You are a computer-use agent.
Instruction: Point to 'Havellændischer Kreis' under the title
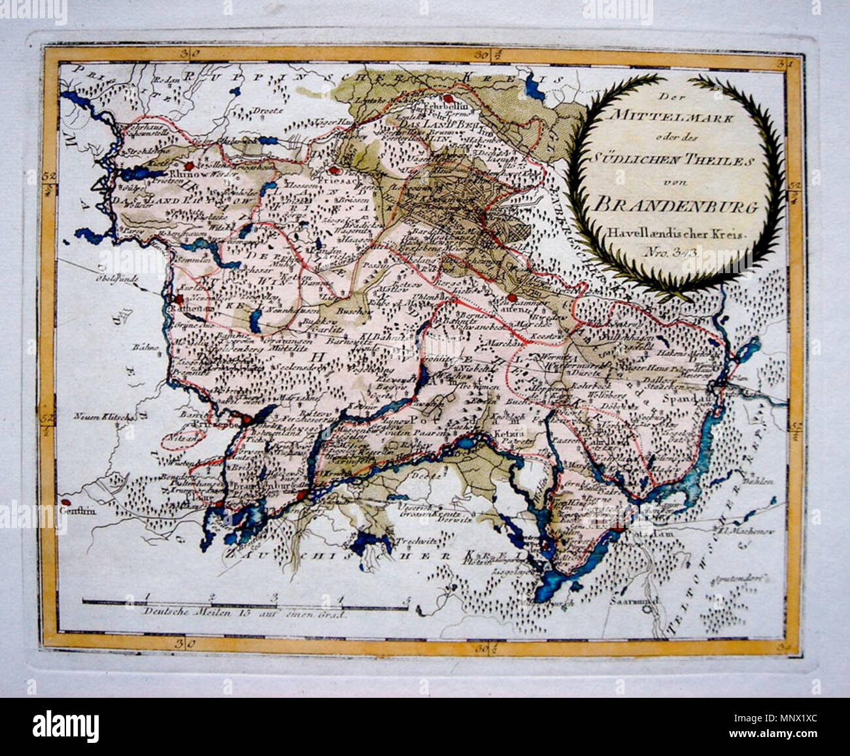coord(674,232)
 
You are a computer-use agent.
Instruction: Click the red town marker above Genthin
coord(64,502)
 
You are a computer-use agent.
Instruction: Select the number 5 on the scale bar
coord(407,597)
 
